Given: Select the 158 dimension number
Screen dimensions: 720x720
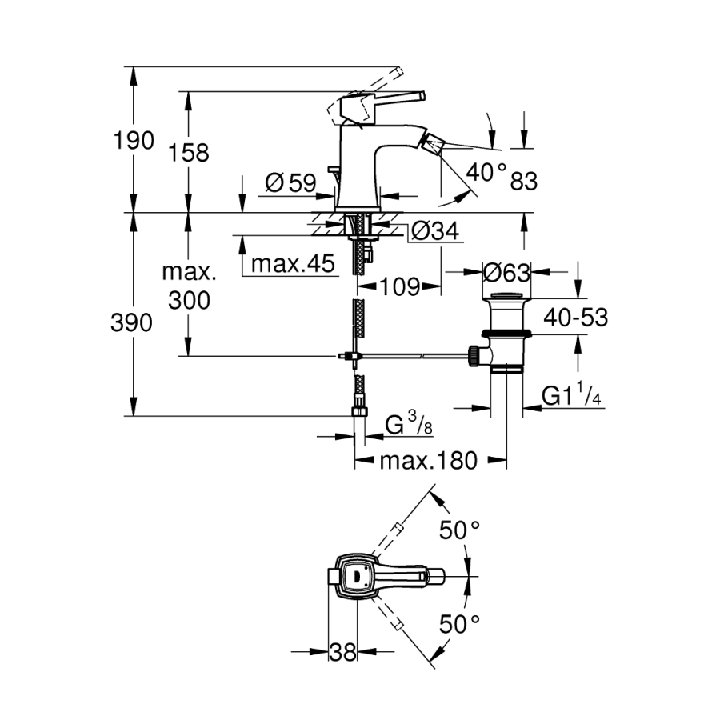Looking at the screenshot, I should coord(190,152).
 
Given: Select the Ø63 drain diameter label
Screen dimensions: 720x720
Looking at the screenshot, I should coord(507,273).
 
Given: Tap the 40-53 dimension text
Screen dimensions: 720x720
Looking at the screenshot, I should coord(575,318).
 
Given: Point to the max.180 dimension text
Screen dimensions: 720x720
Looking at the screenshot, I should coord(428,461).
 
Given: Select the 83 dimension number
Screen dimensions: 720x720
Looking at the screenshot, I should coord(523,182).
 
